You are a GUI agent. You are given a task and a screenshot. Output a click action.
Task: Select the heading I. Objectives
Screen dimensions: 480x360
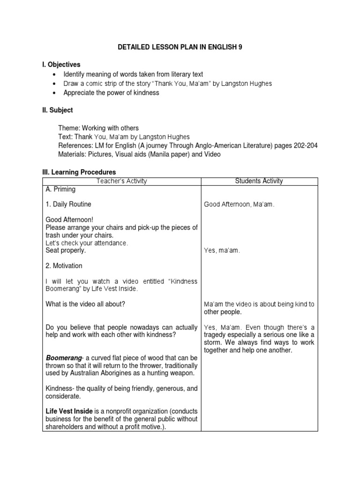[61, 64]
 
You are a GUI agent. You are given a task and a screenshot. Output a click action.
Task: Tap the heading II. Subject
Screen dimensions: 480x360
[58, 110]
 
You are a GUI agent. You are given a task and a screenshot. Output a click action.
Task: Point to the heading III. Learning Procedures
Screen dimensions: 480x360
[79, 172]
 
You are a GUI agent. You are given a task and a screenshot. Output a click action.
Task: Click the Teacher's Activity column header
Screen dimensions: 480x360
[121, 181]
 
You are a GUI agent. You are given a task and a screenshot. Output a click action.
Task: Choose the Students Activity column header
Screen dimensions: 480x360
[259, 181]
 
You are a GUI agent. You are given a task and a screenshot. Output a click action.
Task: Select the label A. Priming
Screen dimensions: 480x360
[60, 190]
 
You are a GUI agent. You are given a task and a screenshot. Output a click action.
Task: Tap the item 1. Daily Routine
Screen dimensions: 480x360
[68, 204]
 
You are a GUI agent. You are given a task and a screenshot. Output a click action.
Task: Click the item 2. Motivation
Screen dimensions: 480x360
[64, 266]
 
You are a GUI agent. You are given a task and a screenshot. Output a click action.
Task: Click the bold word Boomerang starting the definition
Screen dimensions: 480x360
[63, 358]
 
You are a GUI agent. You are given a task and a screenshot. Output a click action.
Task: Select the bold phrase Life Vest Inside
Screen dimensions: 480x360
[68, 411]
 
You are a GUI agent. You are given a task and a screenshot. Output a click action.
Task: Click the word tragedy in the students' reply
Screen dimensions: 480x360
[216, 335]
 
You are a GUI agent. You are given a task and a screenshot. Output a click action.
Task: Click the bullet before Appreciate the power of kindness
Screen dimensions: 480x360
[55, 93]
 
